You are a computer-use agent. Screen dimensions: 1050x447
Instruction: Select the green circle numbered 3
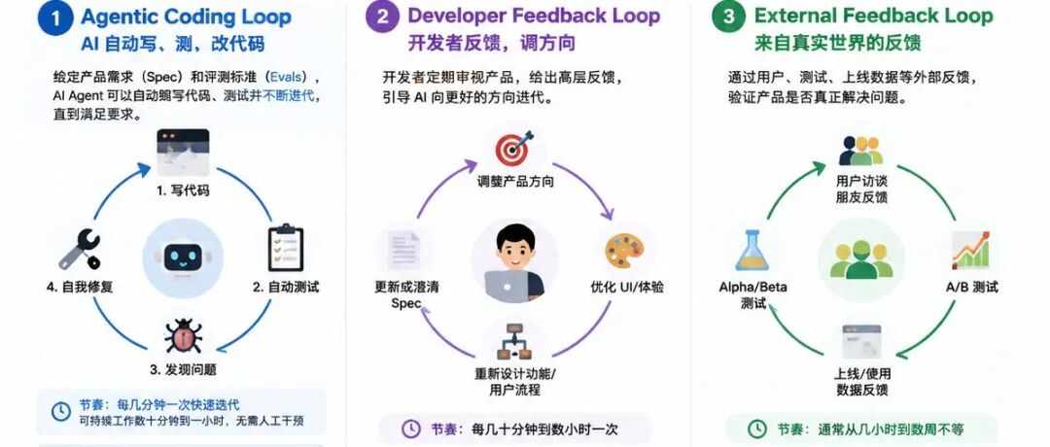[x=728, y=17]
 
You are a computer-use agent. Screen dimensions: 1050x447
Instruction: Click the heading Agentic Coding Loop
[x=186, y=17]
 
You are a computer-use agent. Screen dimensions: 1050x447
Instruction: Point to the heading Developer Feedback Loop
[x=534, y=16]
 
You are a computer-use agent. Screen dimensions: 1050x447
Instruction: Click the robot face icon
[x=183, y=258]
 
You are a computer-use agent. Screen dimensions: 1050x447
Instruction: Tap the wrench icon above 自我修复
[x=80, y=249]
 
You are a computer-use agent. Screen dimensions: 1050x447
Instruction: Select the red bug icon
[x=183, y=336]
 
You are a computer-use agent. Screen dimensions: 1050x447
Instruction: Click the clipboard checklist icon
[x=286, y=248]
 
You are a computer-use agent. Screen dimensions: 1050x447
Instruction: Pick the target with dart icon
[x=513, y=149]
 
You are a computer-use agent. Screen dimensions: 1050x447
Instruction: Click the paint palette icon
[x=624, y=251]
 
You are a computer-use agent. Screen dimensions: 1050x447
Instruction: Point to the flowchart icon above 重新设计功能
[x=514, y=342]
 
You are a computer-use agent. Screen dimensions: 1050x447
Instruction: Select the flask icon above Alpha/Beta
[x=752, y=250]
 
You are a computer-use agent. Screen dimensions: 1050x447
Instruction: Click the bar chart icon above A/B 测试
[x=971, y=251]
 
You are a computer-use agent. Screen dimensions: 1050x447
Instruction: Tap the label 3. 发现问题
[x=183, y=369]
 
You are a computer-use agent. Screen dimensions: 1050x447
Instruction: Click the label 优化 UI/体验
[x=627, y=287]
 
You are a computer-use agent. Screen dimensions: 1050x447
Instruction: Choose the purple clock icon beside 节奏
[x=411, y=429]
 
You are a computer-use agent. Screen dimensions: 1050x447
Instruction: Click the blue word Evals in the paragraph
[x=287, y=77]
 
